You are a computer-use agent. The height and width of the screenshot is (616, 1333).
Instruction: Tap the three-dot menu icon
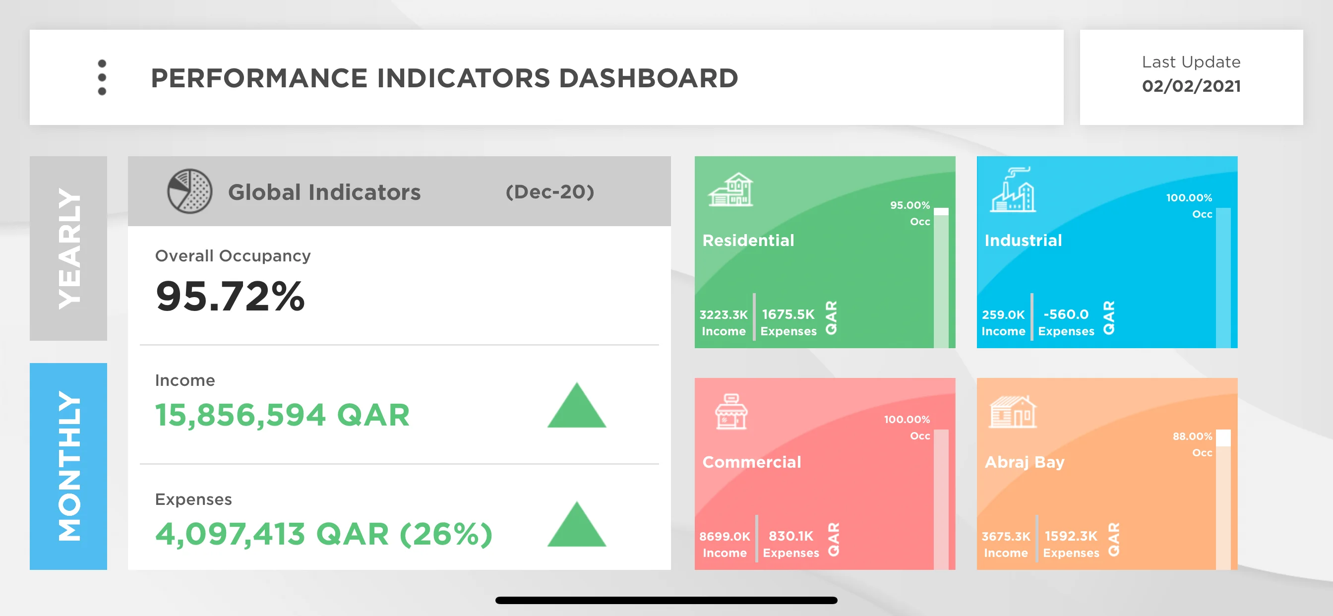click(102, 77)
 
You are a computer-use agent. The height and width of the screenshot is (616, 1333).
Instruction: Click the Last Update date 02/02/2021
click(1191, 86)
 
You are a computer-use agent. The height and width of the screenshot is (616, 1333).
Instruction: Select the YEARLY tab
click(68, 248)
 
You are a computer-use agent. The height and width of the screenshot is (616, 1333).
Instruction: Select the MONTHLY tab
click(68, 466)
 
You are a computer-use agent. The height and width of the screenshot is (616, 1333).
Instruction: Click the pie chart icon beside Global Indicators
click(189, 191)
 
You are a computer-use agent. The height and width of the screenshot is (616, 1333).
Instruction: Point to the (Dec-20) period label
click(549, 192)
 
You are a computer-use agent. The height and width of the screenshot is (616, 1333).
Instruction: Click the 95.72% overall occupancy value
click(230, 296)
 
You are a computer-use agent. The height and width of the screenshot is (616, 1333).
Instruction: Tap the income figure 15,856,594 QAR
click(283, 415)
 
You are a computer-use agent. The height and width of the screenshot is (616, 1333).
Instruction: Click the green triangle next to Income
click(576, 406)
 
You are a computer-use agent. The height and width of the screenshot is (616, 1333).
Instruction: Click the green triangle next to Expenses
click(576, 525)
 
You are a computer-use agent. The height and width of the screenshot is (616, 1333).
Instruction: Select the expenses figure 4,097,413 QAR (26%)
click(324, 534)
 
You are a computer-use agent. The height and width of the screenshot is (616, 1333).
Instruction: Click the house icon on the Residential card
click(730, 189)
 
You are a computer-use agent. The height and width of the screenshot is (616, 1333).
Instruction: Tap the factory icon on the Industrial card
click(1013, 189)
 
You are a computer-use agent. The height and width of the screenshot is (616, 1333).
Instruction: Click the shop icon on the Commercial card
click(730, 412)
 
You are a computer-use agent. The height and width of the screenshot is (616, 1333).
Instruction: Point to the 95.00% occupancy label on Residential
click(909, 205)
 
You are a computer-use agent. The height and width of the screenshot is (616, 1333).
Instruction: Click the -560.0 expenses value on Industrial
click(1066, 314)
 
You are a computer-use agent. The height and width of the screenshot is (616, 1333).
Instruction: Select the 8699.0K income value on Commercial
click(725, 536)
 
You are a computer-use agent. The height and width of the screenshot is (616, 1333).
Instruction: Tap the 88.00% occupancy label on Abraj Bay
click(1192, 436)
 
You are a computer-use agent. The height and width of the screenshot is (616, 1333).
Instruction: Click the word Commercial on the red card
click(751, 462)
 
